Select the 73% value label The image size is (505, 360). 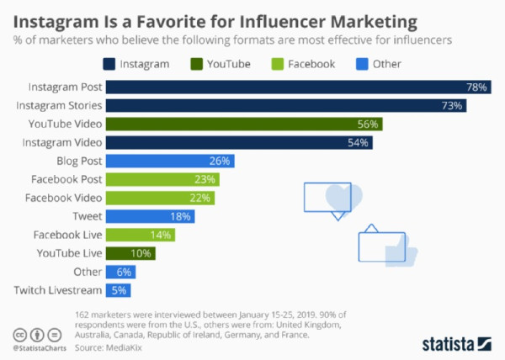(x=453, y=106)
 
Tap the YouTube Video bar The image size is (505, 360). (x=244, y=124)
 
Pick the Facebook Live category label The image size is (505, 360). (x=68, y=235)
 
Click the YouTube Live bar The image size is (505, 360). (x=131, y=253)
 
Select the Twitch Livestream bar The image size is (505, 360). (x=119, y=290)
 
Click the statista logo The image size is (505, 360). (x=455, y=343)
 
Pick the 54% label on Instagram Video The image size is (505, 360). (x=359, y=143)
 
